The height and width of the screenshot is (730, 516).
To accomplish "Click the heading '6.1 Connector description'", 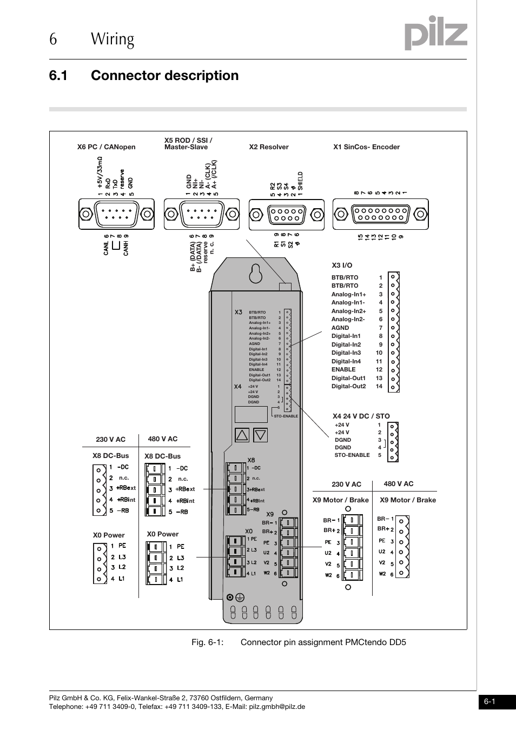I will coord(143,75).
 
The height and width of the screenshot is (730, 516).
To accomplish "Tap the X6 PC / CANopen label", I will coord(106,147).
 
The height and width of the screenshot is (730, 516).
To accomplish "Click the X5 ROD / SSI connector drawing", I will coord(201,214).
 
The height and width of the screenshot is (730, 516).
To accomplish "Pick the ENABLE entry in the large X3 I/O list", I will coord(343,370).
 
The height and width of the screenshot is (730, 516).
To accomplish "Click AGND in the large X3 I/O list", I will coord(340,328).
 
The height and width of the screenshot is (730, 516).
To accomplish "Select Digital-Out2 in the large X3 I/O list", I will coord(348,387).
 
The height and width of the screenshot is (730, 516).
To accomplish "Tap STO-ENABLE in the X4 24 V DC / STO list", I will coord(352,455).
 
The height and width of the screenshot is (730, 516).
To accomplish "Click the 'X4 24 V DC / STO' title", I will coord(361,416).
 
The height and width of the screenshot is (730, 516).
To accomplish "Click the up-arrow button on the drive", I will coord(242,434).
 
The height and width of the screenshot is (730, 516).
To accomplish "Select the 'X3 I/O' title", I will coord(342,266).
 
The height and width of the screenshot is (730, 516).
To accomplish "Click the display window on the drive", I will coord(251,414).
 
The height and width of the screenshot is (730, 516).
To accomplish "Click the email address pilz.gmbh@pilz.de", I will coord(277,707).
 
